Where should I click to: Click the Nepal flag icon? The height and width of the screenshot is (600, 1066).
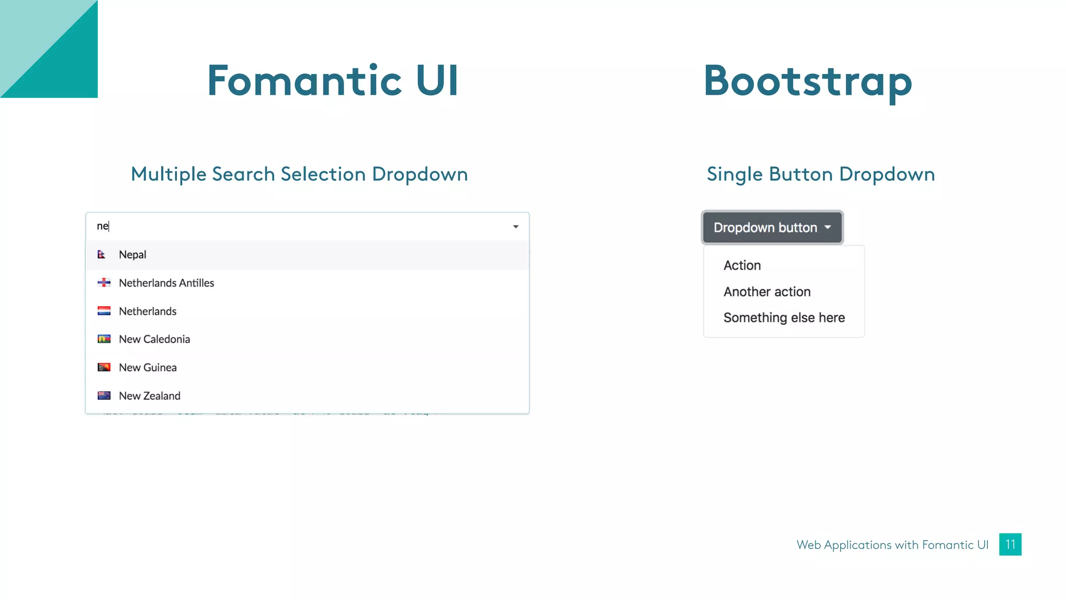[x=101, y=255]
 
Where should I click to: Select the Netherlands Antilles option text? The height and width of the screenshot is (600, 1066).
[x=166, y=283]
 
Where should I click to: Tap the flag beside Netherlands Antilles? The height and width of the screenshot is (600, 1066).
[x=104, y=283]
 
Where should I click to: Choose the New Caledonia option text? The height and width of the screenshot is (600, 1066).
[x=154, y=339]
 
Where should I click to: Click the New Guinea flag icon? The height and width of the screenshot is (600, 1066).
[x=104, y=368]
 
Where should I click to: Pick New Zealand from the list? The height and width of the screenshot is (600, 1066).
[x=149, y=396]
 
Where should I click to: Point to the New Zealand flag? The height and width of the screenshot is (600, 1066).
[x=104, y=396]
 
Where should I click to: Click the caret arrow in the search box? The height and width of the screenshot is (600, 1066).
[x=515, y=227]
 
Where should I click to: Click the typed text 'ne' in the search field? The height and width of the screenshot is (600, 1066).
[x=103, y=226]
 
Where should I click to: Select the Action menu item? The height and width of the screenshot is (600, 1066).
[x=742, y=266]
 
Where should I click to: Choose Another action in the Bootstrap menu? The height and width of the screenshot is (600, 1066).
[x=767, y=292]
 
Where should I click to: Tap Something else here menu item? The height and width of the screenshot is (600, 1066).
[x=784, y=318]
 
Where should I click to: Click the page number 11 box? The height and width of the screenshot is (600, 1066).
[x=1010, y=544]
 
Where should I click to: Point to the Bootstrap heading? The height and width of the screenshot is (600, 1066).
[x=808, y=81]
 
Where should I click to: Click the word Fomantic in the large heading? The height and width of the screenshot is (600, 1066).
[x=304, y=81]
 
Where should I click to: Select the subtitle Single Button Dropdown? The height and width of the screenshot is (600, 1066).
[x=820, y=174]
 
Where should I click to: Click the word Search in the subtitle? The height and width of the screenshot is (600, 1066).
[x=243, y=174]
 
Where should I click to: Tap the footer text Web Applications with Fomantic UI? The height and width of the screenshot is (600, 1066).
[x=892, y=545]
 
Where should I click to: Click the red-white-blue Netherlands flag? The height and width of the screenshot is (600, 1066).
[x=104, y=311]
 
